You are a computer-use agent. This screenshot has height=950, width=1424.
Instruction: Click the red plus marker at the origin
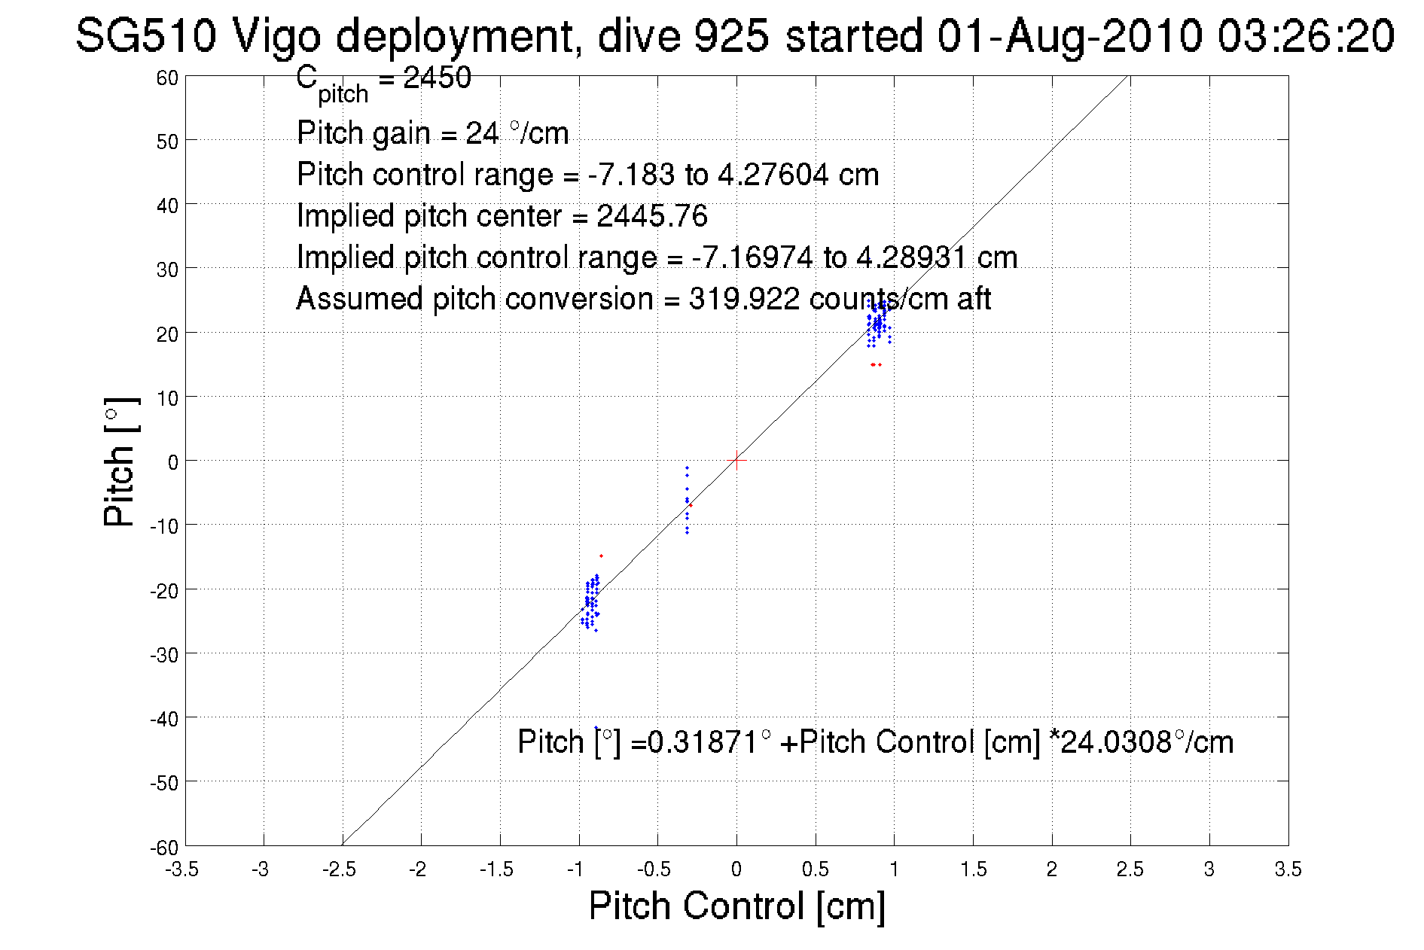point(736,460)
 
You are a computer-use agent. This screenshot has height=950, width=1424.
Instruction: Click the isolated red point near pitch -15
point(601,556)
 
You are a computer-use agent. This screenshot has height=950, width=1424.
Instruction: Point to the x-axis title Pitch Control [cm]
point(736,905)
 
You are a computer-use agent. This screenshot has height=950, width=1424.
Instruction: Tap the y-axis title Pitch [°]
point(120,461)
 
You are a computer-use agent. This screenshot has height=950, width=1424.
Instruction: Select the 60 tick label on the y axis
point(167,78)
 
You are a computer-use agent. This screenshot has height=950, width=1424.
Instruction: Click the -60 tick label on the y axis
point(163,848)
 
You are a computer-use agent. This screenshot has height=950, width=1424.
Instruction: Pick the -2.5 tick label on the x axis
point(340,869)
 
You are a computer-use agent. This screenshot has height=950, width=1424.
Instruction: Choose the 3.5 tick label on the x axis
point(1288,869)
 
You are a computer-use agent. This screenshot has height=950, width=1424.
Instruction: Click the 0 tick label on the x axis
point(736,869)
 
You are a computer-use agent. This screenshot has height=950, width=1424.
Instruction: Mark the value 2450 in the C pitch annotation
point(437,78)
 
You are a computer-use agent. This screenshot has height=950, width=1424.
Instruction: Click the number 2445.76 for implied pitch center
point(652,216)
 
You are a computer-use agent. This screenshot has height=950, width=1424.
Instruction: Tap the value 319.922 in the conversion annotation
point(744,299)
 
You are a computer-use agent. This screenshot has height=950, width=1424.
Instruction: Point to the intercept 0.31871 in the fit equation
point(703,742)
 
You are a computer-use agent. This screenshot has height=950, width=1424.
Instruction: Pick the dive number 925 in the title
point(731,35)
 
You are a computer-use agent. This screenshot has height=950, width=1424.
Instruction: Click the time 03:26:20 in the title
point(1306,35)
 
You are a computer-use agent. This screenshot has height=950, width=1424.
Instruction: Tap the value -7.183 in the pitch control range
point(631,175)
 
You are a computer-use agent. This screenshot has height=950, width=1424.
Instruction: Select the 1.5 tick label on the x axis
point(973,869)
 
